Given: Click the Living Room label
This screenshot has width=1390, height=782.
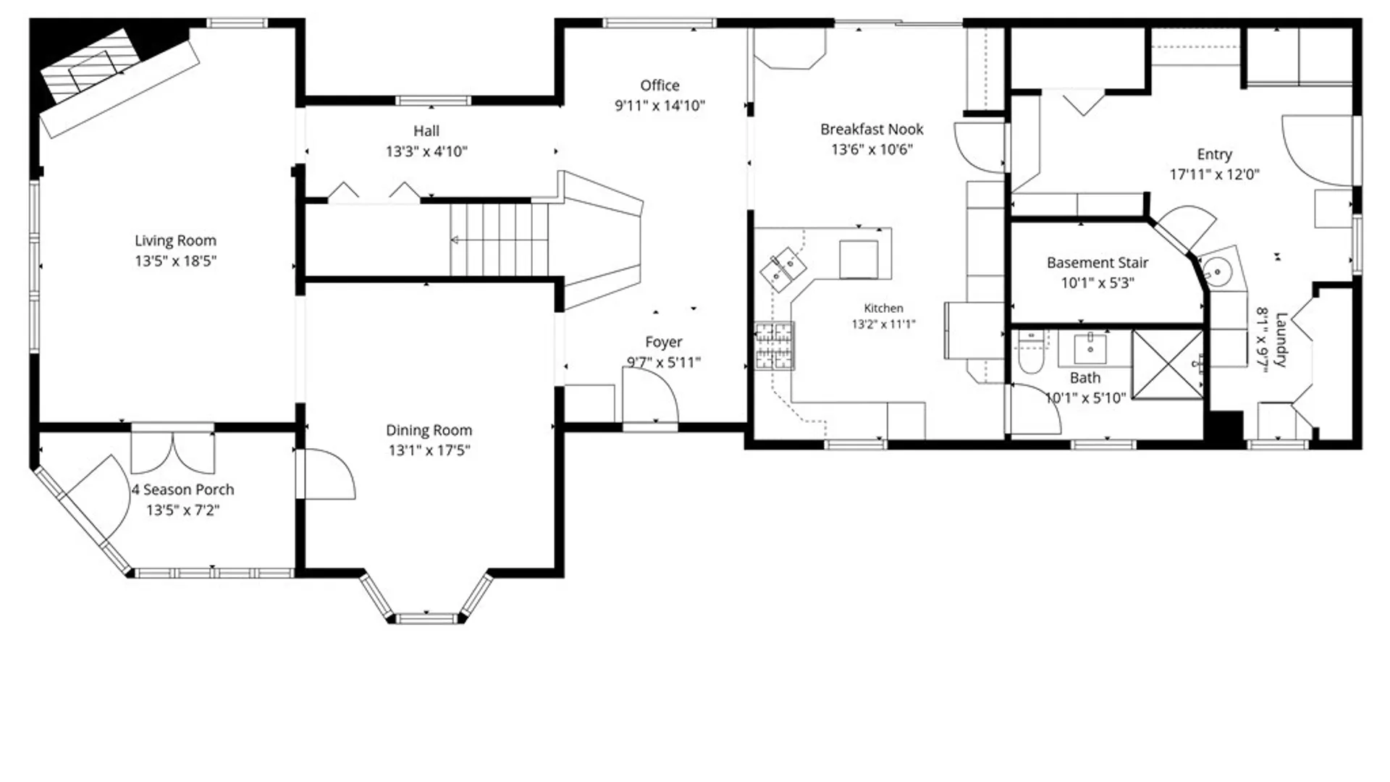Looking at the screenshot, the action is (175, 240).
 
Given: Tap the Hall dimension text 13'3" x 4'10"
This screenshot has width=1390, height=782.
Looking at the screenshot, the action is (426, 151).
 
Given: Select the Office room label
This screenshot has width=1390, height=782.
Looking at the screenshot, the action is (660, 85).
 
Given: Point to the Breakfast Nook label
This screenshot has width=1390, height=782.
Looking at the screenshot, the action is (872, 130).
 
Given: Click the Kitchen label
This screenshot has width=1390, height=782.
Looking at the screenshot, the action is (883, 308).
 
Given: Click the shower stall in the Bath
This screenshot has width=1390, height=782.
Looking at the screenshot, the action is (1167, 364).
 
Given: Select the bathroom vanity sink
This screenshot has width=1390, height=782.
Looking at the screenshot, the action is (1090, 348).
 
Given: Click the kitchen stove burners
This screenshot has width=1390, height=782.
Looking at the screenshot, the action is (774, 345).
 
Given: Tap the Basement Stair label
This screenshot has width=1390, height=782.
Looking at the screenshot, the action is (1098, 263).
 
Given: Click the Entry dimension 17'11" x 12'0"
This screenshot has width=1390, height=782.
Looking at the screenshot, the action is (1214, 175).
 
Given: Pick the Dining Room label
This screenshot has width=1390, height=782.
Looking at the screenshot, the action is (429, 431).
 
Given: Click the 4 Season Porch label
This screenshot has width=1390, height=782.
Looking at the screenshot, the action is (182, 490).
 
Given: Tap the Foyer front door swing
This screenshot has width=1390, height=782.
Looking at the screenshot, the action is (650, 395).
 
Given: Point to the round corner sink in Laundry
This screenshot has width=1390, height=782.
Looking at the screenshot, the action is (1218, 272).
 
